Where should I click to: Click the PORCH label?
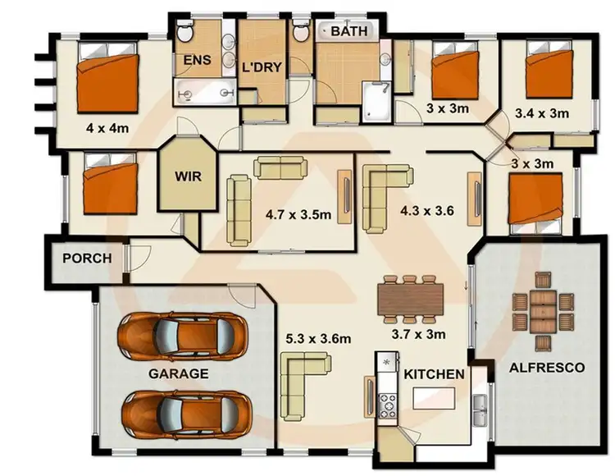point(86,258)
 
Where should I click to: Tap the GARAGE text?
point(178,373)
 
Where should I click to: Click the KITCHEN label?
point(434,374)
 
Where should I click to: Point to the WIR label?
point(189,176)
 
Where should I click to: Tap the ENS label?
point(197,60)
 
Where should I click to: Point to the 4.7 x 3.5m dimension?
point(298,215)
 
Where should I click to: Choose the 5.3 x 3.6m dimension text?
point(318,337)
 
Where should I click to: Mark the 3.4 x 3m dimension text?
point(541,113)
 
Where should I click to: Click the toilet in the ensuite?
point(184,34)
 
